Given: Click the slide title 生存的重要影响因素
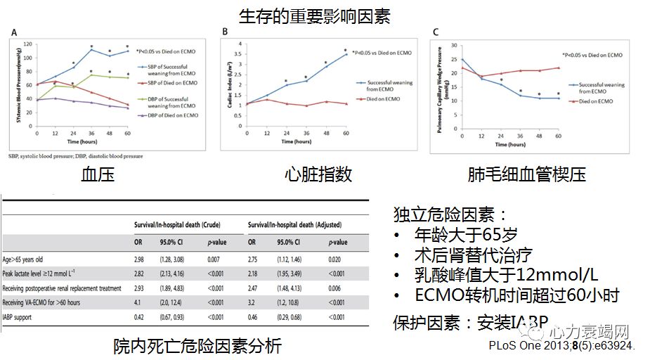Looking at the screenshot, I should tap(325, 15).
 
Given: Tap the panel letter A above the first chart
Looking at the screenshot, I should tap(14, 32).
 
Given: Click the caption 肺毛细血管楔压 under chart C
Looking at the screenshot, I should tap(526, 174).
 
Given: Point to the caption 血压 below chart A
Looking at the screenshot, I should tap(98, 174).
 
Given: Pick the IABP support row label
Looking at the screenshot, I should tap(23, 318).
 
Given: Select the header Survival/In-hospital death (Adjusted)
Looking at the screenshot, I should tap(295, 225).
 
